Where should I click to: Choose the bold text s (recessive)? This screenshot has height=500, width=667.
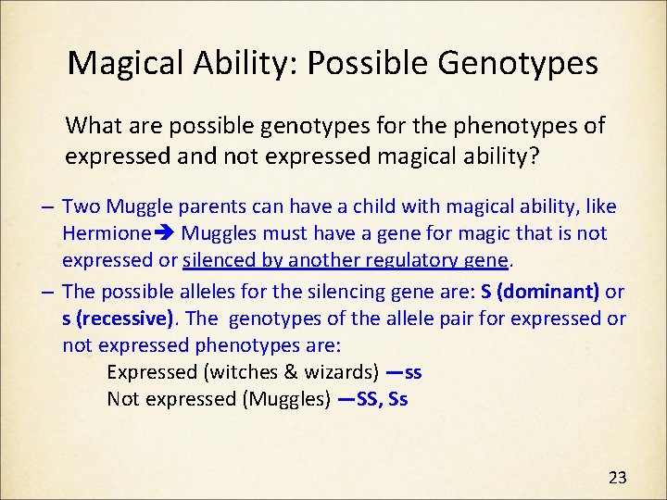tap(119, 319)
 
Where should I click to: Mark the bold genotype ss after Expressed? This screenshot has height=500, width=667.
tap(413, 372)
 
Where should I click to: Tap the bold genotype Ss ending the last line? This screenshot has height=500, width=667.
tap(398, 399)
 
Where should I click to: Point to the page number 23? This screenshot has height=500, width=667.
tap(617, 478)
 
